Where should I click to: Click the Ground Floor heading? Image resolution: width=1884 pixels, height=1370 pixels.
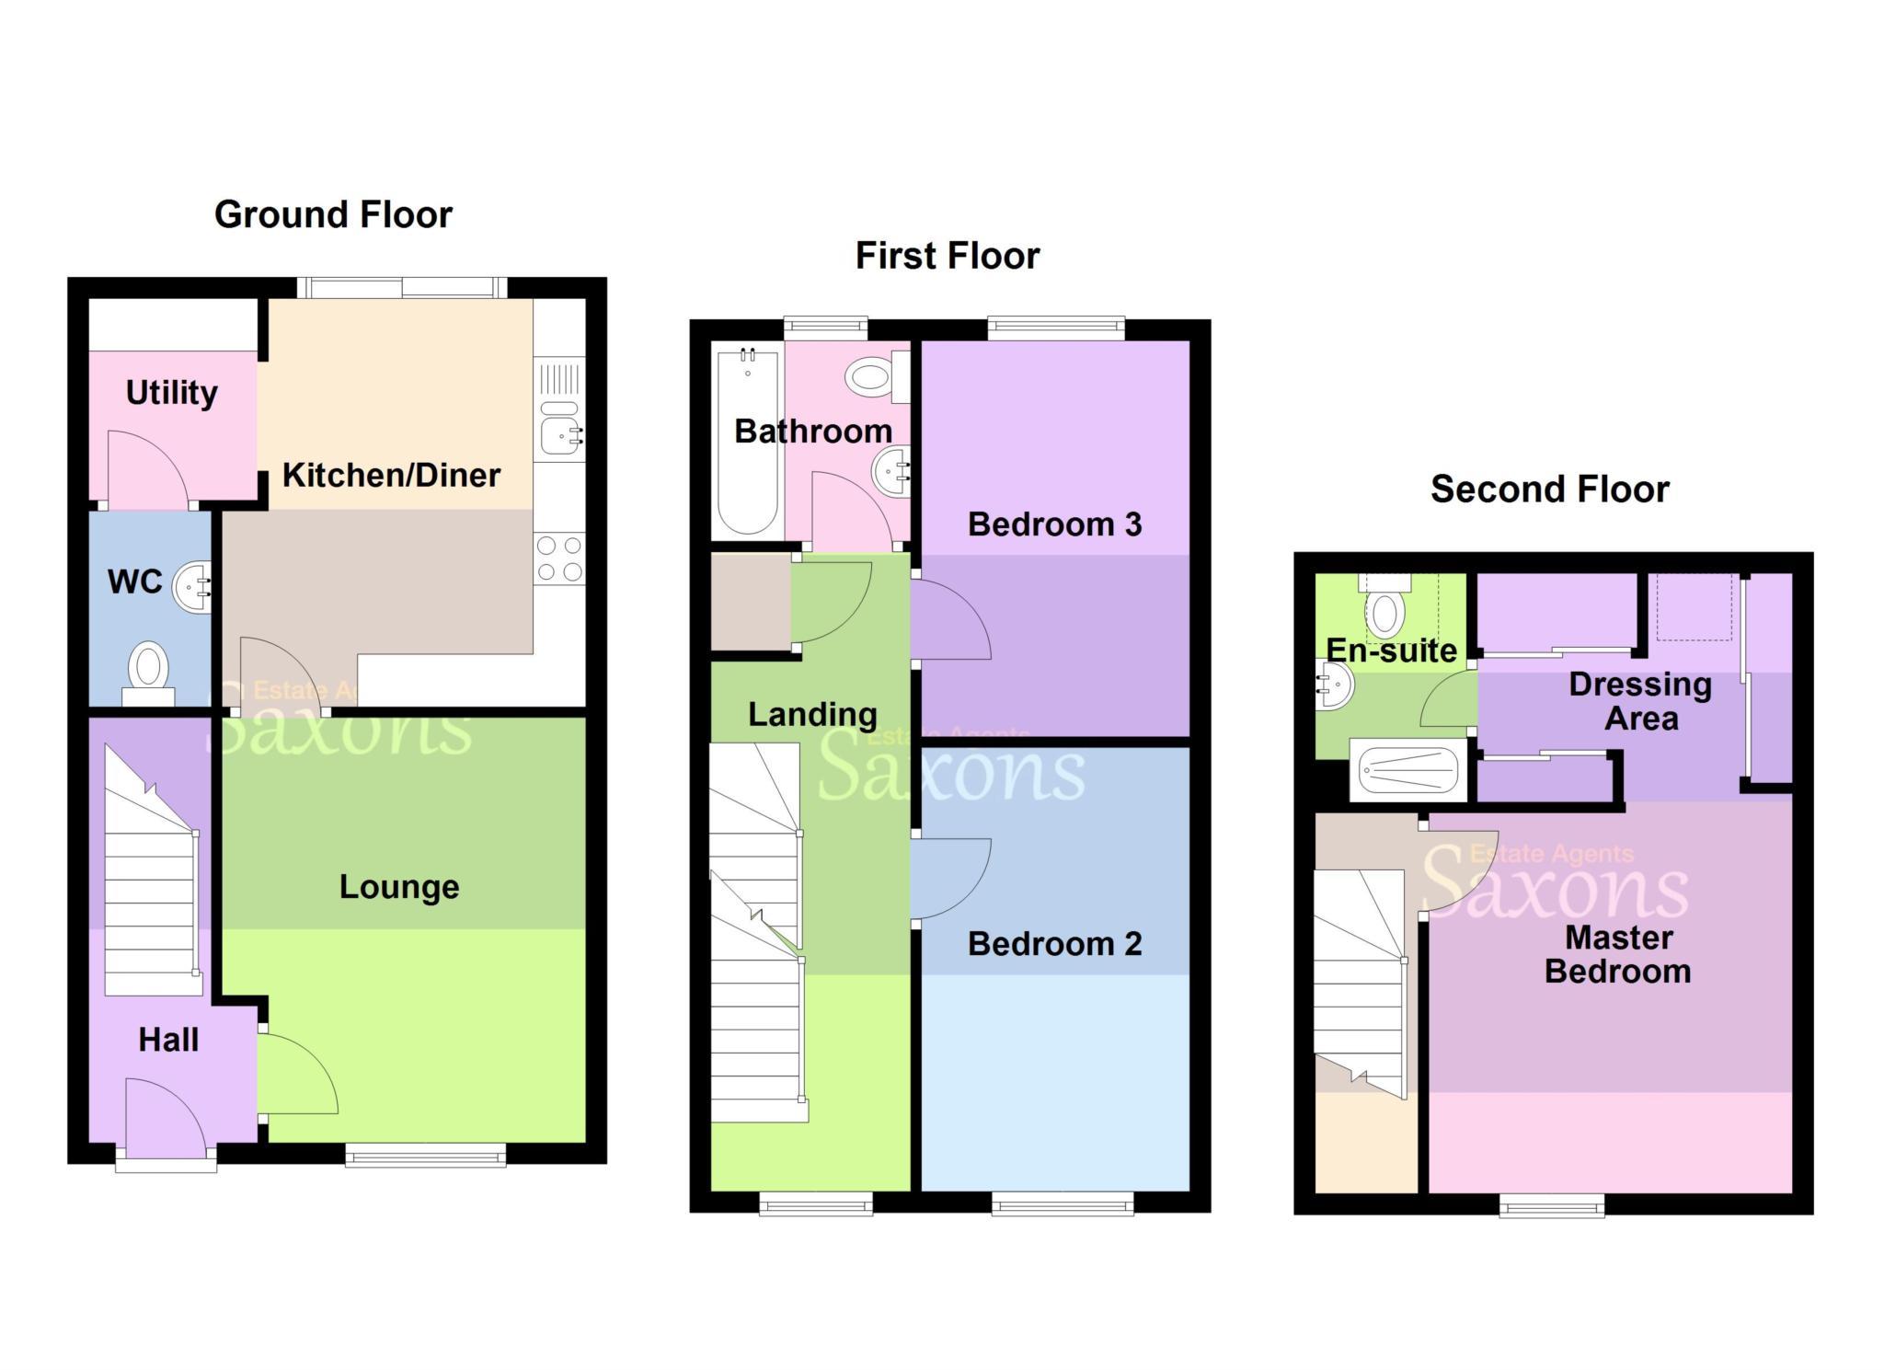click(333, 214)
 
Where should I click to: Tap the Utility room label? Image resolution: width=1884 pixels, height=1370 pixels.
click(172, 393)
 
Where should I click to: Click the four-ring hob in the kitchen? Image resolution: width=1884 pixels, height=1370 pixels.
click(559, 558)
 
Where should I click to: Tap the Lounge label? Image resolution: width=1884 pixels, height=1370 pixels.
click(399, 887)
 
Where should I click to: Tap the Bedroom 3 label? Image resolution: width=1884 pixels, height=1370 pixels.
click(1054, 524)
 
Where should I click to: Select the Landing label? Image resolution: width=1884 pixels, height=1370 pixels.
click(812, 714)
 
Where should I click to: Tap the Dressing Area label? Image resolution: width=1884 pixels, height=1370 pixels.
click(1640, 701)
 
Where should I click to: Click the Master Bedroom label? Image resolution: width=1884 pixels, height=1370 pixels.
click(1618, 955)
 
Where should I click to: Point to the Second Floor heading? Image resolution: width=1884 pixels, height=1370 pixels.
click(1549, 489)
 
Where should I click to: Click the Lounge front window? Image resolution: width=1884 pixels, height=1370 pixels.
click(425, 1156)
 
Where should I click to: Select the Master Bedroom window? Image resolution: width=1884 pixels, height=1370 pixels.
click(1552, 1205)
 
